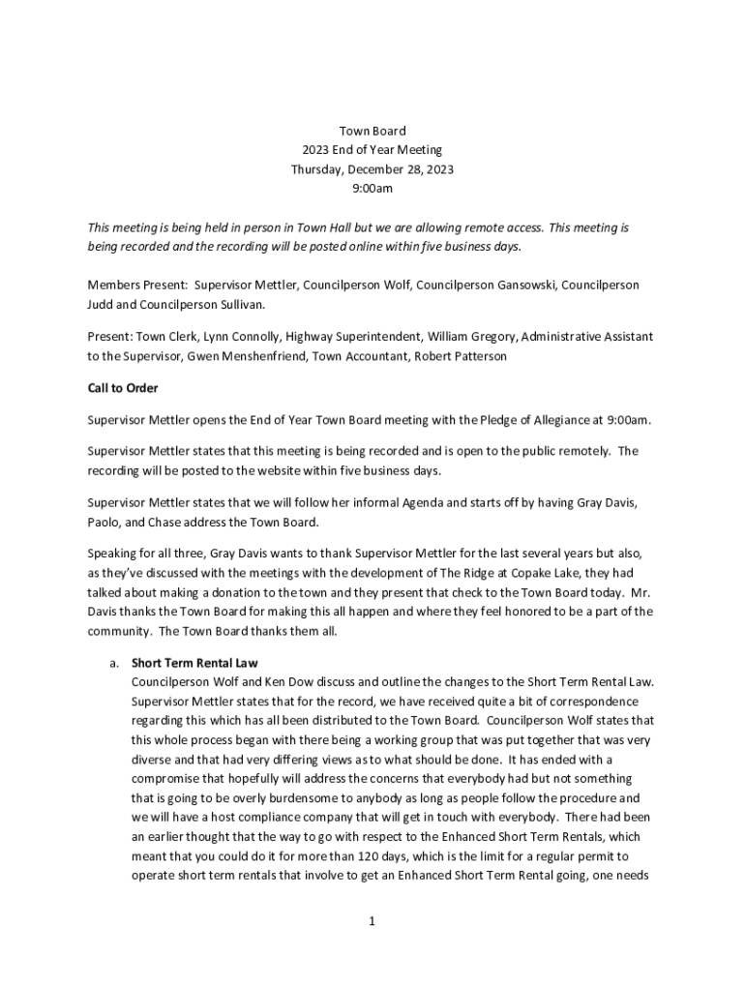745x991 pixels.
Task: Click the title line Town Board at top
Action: (x=372, y=131)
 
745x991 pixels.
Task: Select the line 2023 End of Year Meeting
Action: (x=372, y=150)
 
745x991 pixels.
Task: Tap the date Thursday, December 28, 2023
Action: (x=372, y=169)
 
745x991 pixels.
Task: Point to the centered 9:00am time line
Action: (x=372, y=189)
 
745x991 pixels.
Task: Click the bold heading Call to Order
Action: (x=123, y=388)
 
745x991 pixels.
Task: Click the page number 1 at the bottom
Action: (x=372, y=921)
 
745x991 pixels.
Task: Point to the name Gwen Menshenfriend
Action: (x=241, y=356)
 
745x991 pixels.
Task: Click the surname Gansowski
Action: (x=513, y=285)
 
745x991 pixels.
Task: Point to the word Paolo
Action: (x=104, y=523)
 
